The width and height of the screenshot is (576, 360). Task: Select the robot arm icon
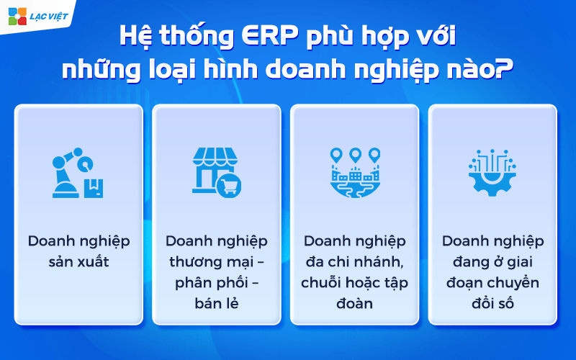[71, 173]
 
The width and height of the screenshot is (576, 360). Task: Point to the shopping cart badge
[228, 185]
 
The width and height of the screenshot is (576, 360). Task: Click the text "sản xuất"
[78, 261]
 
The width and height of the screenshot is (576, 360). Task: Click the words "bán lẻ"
[217, 302]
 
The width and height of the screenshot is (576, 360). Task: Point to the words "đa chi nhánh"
[354, 261]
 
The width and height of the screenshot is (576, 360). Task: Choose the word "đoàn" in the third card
[354, 302]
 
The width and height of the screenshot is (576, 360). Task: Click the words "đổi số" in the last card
[492, 302]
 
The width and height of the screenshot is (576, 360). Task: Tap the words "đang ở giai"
[492, 261]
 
